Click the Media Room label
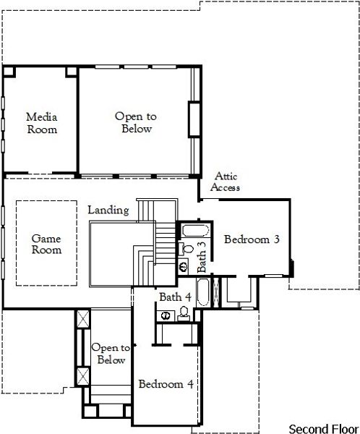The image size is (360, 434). [x=41, y=123]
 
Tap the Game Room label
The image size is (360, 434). [x=46, y=244]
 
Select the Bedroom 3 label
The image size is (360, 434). [x=252, y=239]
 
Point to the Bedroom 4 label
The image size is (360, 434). [x=166, y=383]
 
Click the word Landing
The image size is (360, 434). [x=108, y=210]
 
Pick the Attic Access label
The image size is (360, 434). [x=226, y=182]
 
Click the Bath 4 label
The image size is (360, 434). [x=175, y=297]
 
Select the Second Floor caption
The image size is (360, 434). [x=322, y=427]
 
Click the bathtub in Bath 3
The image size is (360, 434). [x=193, y=232]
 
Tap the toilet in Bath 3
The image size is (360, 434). [x=187, y=249]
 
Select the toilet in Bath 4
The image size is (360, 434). [x=184, y=312]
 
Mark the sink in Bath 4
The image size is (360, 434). [x=166, y=315]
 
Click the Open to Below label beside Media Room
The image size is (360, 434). [x=134, y=122]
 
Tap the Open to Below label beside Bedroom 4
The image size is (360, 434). [x=111, y=354]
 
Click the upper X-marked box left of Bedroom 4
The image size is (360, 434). [x=82, y=318]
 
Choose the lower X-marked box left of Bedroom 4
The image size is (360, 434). [x=82, y=376]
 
